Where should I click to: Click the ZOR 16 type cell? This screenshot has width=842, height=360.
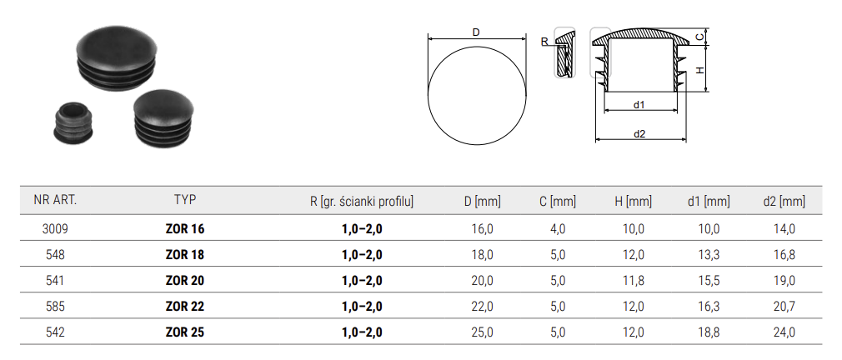pyautogui.click(x=185, y=229)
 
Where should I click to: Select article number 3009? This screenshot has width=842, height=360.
pyautogui.click(x=55, y=229)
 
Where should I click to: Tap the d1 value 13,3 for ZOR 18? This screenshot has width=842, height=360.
pyautogui.click(x=709, y=255)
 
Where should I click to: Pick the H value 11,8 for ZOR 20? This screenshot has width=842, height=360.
pyautogui.click(x=634, y=281)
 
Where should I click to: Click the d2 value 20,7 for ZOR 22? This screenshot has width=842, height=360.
pyautogui.click(x=784, y=307)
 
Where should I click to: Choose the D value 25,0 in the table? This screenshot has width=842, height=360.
pyautogui.click(x=482, y=332)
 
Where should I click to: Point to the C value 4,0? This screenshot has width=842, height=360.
pyautogui.click(x=558, y=229)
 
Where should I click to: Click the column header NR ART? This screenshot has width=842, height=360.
pyautogui.click(x=55, y=201)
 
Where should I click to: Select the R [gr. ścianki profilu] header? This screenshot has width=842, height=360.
pyautogui.click(x=362, y=201)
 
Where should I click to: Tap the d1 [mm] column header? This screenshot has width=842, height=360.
pyautogui.click(x=709, y=201)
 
